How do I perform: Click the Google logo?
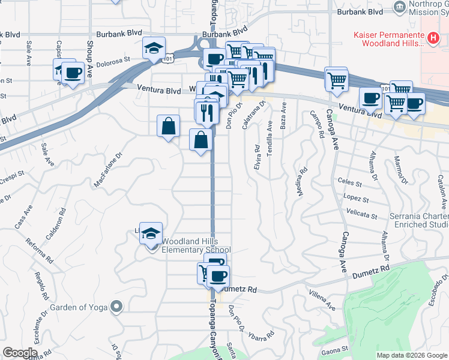point(20,352)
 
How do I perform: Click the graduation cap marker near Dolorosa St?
point(154,48)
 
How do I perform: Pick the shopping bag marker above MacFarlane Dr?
point(169,126)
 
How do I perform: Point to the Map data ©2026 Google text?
point(411,355)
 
